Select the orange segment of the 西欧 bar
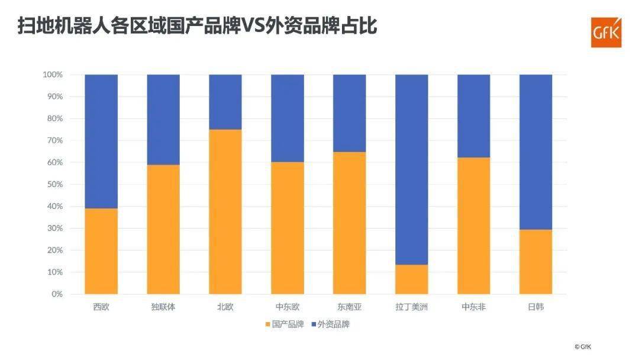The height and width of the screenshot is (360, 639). (x=101, y=251)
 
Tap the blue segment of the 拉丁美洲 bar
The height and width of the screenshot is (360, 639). (x=411, y=169)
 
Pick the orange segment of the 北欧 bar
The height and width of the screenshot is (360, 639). (x=225, y=211)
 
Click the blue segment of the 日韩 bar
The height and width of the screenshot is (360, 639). (x=535, y=152)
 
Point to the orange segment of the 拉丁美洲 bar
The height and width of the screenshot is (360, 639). (x=411, y=279)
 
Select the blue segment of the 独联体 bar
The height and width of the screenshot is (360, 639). (x=163, y=120)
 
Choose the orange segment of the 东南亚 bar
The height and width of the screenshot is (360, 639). (x=349, y=223)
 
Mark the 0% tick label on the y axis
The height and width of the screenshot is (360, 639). (x=57, y=294)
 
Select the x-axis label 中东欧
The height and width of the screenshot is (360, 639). (x=287, y=307)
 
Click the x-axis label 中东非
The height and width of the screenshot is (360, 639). (x=473, y=307)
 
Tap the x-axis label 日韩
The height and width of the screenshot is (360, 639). (x=535, y=307)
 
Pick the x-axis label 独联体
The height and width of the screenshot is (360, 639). (x=163, y=307)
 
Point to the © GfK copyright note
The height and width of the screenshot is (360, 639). (x=582, y=346)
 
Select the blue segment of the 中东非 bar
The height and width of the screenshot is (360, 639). (x=473, y=115)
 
